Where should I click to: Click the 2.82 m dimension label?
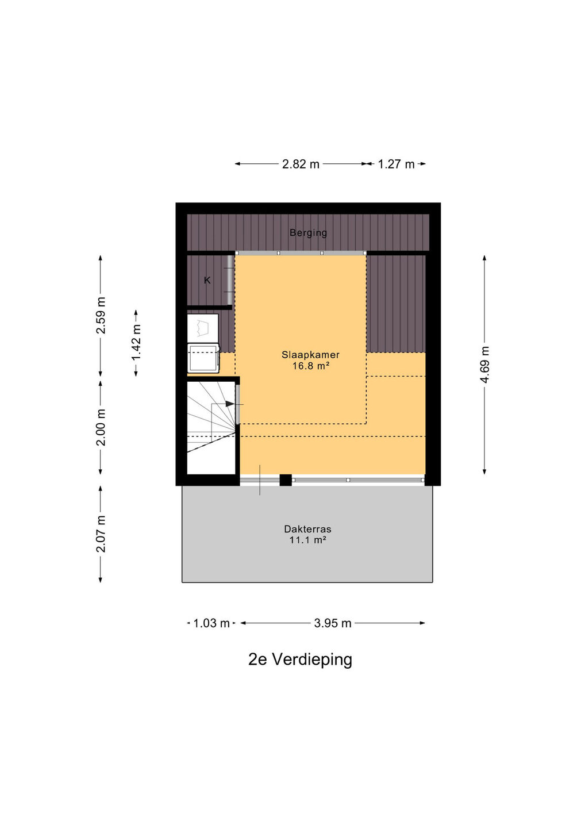point(301,164)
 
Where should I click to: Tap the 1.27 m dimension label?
point(396,164)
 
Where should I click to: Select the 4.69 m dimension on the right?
point(485,365)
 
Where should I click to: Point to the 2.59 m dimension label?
point(101,315)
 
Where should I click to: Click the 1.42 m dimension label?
point(136,343)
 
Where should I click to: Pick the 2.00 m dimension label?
point(101,427)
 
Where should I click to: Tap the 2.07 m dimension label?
point(101,534)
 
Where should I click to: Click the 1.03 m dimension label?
point(211,623)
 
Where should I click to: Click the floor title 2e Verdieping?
point(300,660)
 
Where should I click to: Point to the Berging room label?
point(308,233)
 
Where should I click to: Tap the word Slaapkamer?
point(310,354)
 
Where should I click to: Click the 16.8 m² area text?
point(310,366)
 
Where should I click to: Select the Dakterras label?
point(307,529)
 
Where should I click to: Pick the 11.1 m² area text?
point(307,540)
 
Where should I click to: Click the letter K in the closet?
point(207,281)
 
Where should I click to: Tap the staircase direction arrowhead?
point(230,404)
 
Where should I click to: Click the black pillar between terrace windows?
point(286,480)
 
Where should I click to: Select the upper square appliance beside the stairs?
point(203,328)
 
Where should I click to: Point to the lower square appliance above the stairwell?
point(203,358)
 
